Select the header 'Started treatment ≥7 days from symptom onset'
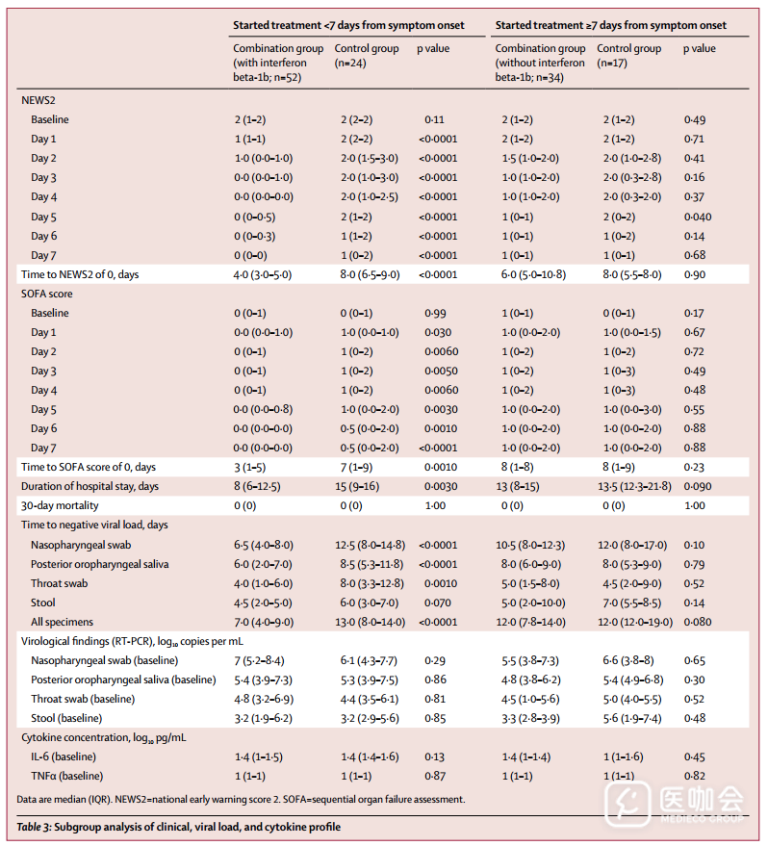pos(611,25)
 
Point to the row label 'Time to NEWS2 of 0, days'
pos(80,274)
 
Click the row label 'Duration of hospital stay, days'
pos(90,486)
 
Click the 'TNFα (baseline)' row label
pos(66,776)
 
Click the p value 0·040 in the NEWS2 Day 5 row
pos(698,217)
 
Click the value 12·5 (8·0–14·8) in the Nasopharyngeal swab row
pos(371,545)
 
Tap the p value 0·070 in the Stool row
pos(439,602)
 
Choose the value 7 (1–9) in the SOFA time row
pos(356,467)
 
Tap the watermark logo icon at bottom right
pos(625,801)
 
